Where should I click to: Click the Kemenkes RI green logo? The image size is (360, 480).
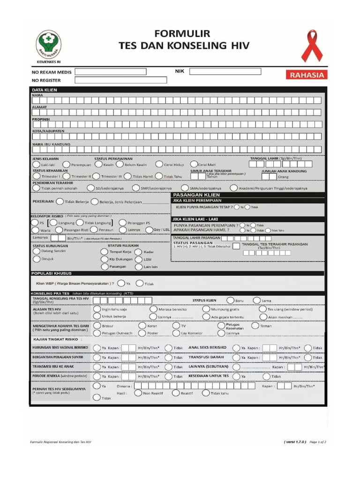(49, 45)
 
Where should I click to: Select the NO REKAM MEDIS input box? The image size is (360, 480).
(111, 72)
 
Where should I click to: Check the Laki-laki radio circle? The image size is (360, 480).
(36, 165)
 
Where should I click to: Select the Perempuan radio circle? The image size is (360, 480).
(67, 165)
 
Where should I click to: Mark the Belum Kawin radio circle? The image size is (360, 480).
(120, 165)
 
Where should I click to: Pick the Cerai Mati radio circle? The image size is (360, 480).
(194, 165)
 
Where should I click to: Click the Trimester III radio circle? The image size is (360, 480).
(97, 176)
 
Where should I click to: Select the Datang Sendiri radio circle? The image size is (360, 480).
(37, 251)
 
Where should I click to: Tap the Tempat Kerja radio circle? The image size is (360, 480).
(104, 251)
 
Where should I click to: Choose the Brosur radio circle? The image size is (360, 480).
(97, 325)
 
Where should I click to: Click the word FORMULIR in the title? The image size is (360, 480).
(184, 34)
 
